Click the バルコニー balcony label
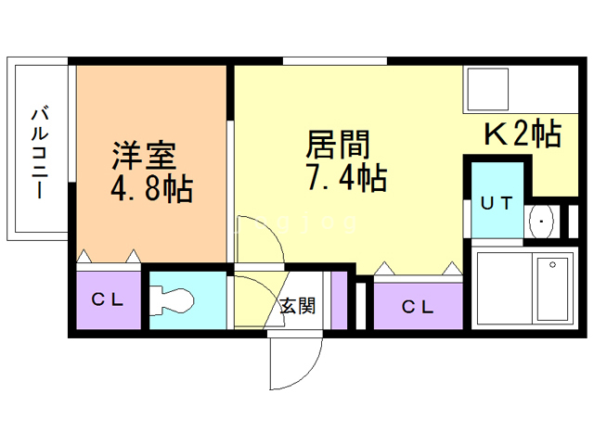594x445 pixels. [40, 152]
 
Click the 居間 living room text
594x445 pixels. [338, 143]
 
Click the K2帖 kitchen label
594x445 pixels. [522, 134]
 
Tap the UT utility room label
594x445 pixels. [496, 203]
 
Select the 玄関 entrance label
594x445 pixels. [298, 306]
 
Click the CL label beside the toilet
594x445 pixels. [107, 299]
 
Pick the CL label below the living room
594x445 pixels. [417, 306]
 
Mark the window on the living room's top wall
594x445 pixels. [335, 61]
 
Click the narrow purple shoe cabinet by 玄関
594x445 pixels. [340, 299]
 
